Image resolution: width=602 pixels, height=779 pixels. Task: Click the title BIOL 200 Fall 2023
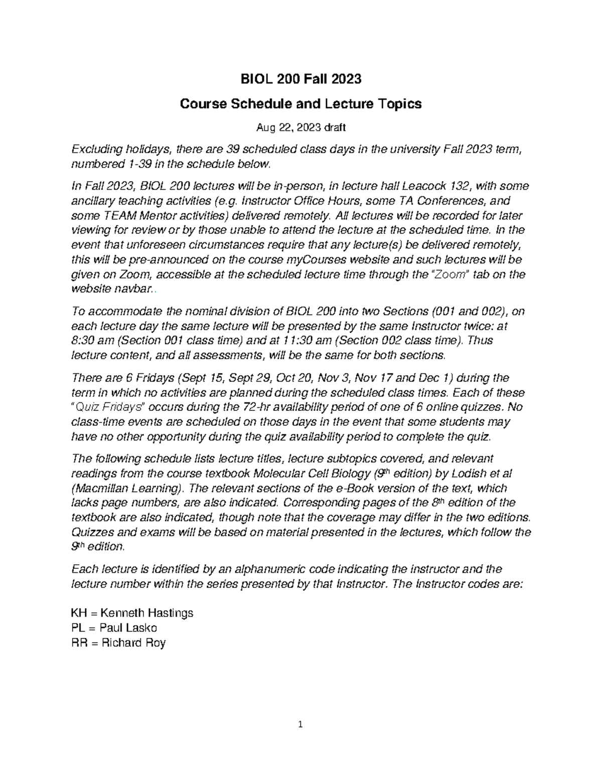click(301, 79)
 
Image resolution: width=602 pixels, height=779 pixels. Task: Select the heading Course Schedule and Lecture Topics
click(301, 104)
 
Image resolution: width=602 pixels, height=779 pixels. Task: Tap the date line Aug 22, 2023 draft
click(301, 128)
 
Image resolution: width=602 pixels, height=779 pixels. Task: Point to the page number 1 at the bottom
click(301, 724)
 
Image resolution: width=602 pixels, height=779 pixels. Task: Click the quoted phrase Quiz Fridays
click(108, 407)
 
